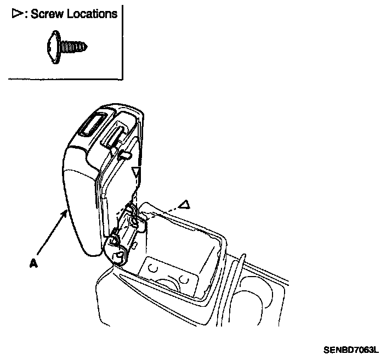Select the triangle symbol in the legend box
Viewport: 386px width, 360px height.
(16, 14)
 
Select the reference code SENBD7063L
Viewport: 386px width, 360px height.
(350, 348)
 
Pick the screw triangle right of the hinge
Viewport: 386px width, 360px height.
(185, 205)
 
